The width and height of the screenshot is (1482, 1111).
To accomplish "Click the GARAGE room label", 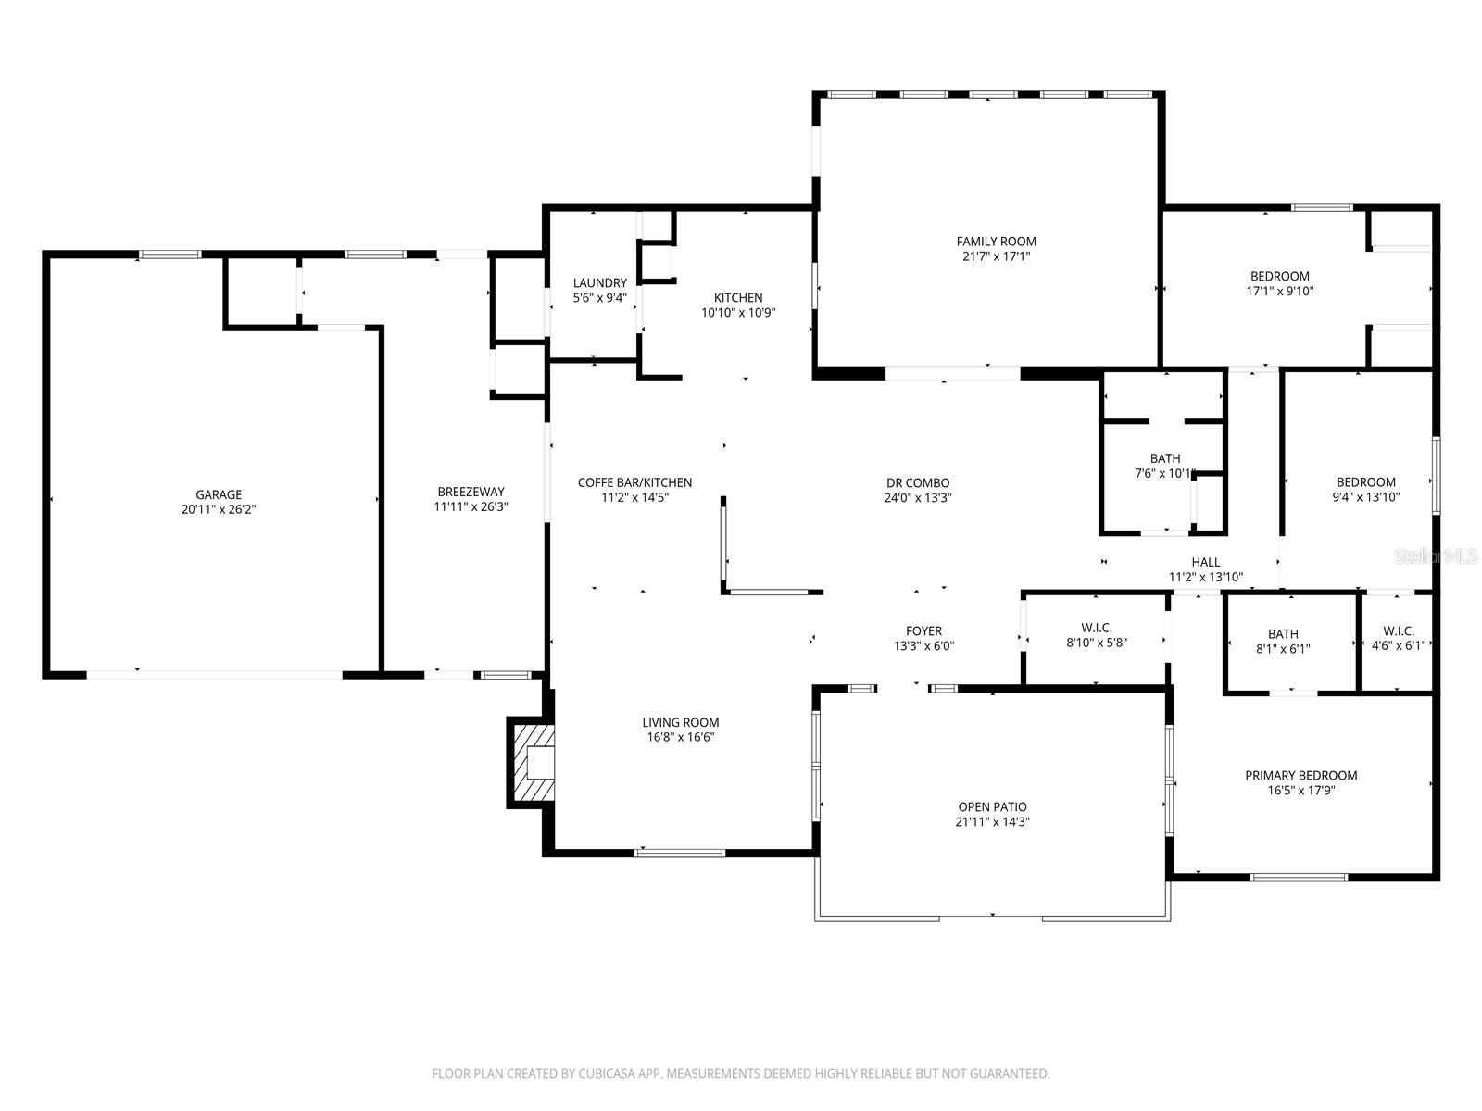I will (x=219, y=494).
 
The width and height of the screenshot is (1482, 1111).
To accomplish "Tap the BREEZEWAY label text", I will (x=471, y=492).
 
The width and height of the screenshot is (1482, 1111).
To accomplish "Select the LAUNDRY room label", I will (x=599, y=283).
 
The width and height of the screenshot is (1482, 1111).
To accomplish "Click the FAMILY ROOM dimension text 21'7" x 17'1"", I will (x=996, y=256).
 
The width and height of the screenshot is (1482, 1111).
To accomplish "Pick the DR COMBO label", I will (x=917, y=482).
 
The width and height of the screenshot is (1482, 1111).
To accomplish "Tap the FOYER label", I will (x=923, y=630).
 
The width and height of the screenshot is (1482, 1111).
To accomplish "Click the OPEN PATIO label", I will (x=992, y=806).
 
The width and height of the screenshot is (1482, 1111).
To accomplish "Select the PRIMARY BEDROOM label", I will (x=1300, y=775).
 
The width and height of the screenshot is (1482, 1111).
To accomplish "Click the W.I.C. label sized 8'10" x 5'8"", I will (x=1096, y=628).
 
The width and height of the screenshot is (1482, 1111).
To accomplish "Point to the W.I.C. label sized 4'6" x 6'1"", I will (x=1398, y=631).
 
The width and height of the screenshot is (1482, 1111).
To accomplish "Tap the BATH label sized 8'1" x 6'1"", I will (x=1283, y=634).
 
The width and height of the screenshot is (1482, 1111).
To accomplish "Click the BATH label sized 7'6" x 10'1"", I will (x=1165, y=458).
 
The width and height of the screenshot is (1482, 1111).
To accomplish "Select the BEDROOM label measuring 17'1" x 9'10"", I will (x=1279, y=276).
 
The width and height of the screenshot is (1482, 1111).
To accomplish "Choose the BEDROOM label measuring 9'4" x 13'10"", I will (x=1365, y=481).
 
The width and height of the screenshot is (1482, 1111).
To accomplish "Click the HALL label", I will (x=1205, y=562).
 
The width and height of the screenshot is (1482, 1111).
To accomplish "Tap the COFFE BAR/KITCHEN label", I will (x=634, y=482).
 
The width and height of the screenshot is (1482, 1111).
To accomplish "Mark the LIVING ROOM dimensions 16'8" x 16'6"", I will (x=680, y=738).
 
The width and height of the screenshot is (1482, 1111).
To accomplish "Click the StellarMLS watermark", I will (x=1437, y=556).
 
